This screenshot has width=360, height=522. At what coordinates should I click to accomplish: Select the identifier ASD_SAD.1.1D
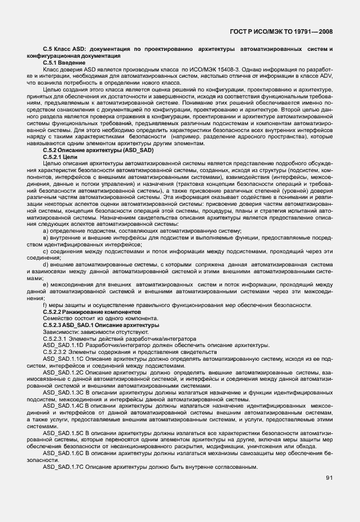click(63, 346)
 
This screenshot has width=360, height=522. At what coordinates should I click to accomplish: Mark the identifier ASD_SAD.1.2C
click(63, 373)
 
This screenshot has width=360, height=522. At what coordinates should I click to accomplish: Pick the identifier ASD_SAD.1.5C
click(63, 433)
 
